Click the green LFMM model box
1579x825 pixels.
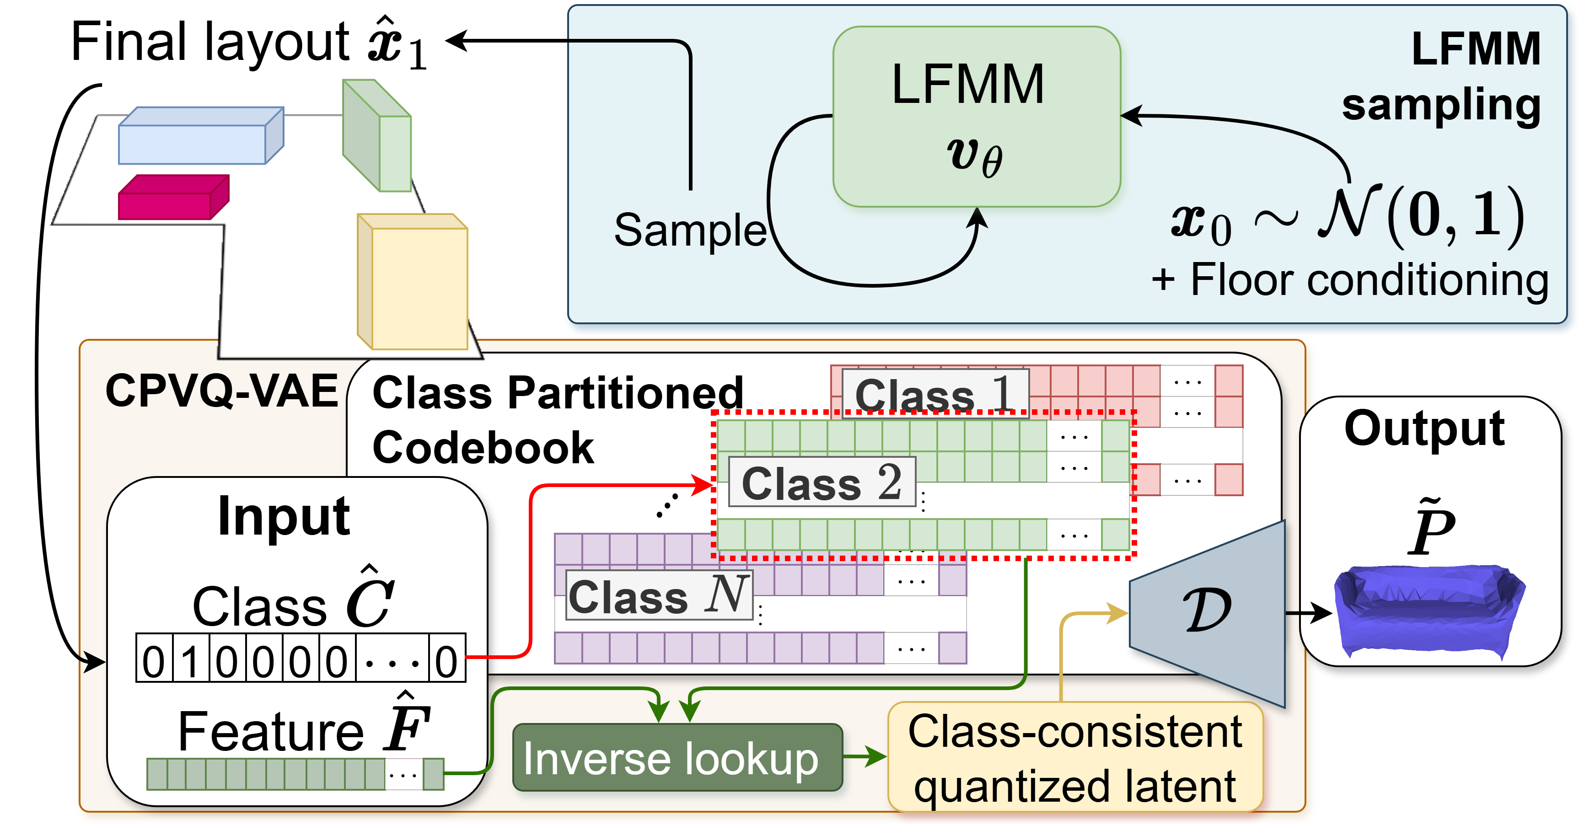pos(977,117)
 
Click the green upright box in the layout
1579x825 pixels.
pos(377,136)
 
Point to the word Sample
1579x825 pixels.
pos(690,230)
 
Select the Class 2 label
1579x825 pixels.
pos(822,482)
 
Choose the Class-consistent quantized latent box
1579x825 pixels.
pos(1075,758)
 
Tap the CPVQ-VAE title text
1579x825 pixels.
pos(221,391)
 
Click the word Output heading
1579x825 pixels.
pos(1424,429)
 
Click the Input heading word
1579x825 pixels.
pos(284,517)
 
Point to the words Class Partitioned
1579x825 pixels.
pos(557,393)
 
